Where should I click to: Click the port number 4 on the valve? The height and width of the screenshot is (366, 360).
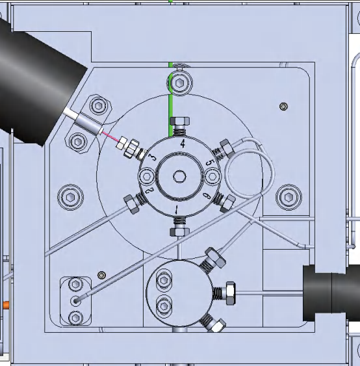click(x=183, y=144)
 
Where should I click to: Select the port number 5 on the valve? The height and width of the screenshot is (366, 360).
click(x=210, y=163)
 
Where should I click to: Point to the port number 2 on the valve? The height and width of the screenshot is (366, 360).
click(x=149, y=190)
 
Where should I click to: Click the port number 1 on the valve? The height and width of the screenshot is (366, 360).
click(x=177, y=209)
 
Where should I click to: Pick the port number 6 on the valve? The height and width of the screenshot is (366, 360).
click(x=207, y=196)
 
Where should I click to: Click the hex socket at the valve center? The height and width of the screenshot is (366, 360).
click(x=179, y=176)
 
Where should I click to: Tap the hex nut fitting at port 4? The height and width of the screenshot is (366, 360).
click(x=179, y=121)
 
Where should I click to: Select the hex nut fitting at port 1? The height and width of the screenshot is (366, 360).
click(x=179, y=232)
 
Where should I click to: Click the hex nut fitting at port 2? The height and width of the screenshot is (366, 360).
click(x=131, y=204)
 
